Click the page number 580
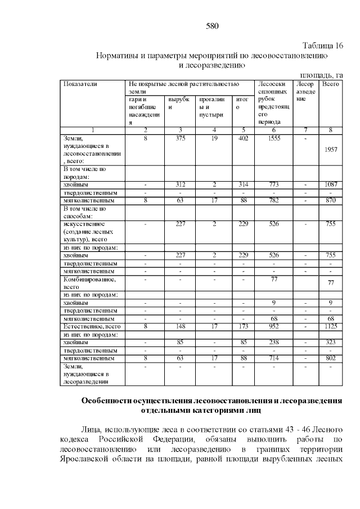[x=211, y=26]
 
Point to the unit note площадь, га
[x=321, y=74]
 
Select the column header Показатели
[x=81, y=84]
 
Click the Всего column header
[x=331, y=84]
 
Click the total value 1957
[x=331, y=150]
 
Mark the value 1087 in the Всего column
[x=331, y=184]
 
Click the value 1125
[x=331, y=326]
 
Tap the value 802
[x=331, y=358]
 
